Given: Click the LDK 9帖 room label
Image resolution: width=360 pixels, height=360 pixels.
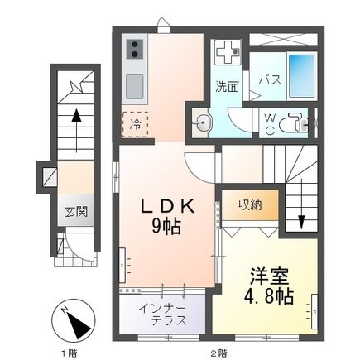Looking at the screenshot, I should coord(172,213).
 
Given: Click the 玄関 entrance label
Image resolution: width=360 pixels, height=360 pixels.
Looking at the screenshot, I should coord(76,211).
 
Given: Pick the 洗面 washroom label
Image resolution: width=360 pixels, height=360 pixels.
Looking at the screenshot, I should coord(228,85).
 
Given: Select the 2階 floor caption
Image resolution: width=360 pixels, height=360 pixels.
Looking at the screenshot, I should coord(218,352).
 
